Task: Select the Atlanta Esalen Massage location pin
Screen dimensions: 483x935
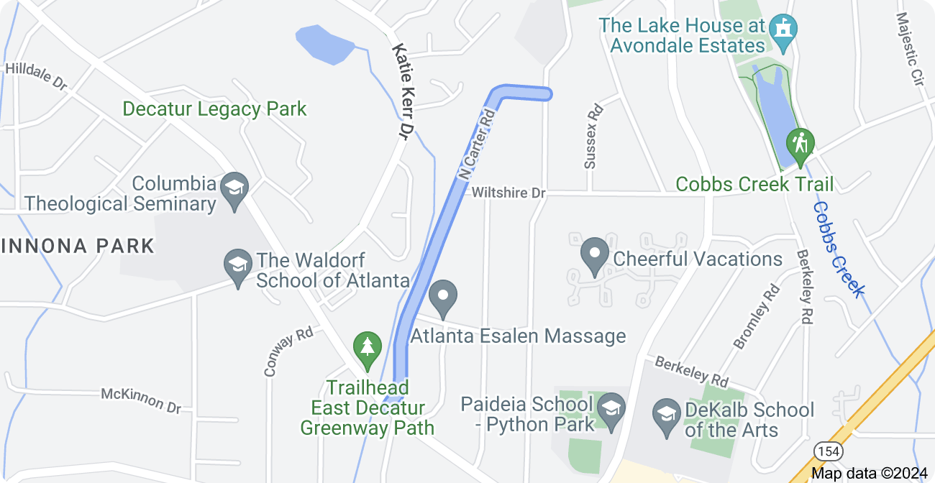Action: coord(443,295)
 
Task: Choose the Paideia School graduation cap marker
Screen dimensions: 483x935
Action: coord(611,408)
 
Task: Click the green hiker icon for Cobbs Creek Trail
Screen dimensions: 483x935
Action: coord(799,143)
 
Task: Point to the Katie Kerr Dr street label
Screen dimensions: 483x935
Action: coord(404,91)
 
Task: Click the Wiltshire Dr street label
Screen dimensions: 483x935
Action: coord(509,193)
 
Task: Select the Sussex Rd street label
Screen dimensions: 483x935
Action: coord(593,137)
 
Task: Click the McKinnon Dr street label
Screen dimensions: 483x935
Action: coord(141,400)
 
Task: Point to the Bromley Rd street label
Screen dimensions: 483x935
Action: coord(756,317)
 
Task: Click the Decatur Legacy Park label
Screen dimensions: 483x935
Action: coord(214,109)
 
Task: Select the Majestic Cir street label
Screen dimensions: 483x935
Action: coord(910,48)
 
